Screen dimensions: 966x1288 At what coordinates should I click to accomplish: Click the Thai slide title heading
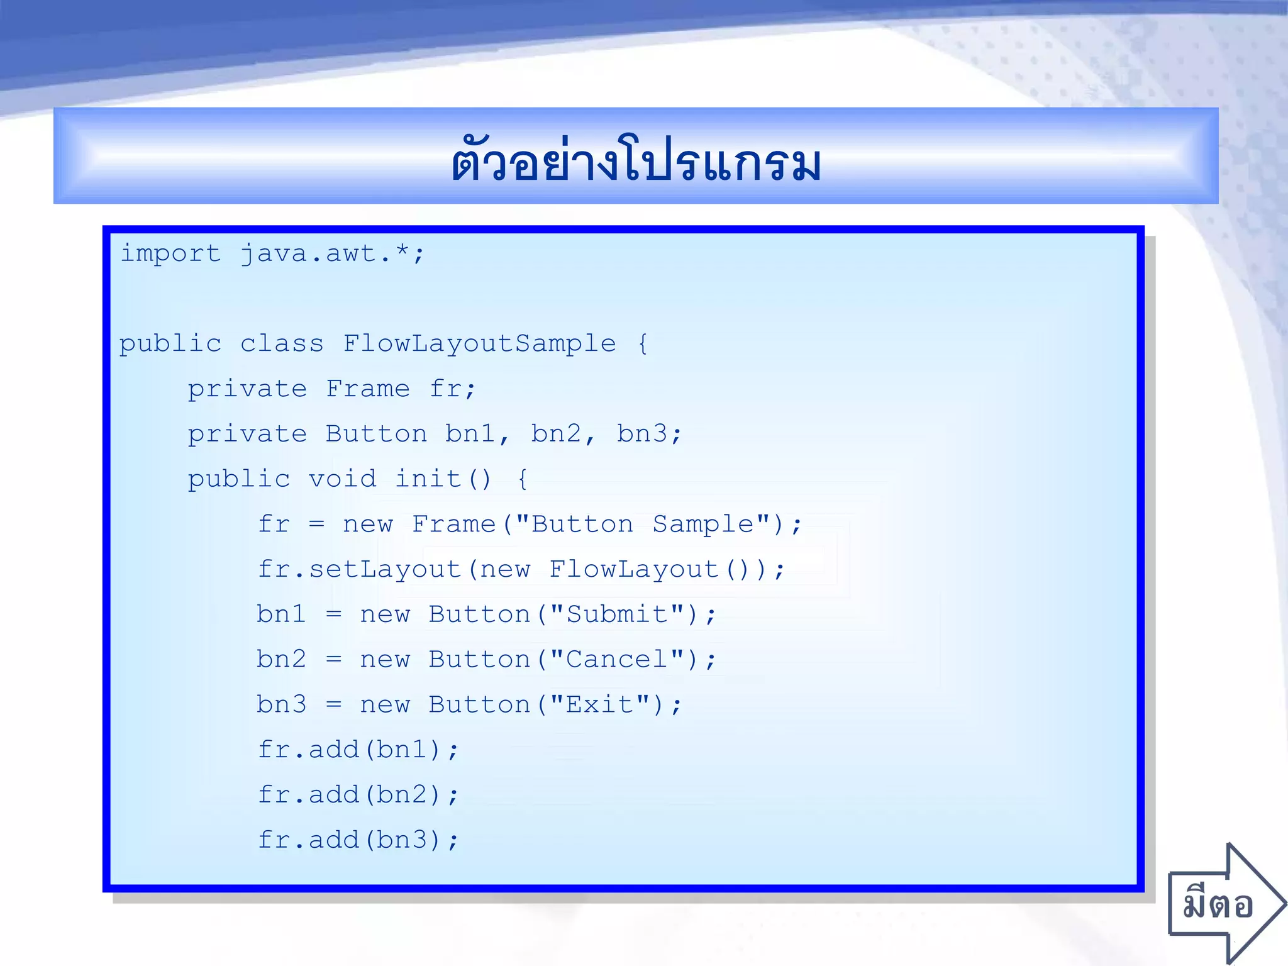636,160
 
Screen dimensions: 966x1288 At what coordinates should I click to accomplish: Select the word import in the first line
170,253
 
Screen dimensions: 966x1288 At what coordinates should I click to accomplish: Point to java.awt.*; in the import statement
333,253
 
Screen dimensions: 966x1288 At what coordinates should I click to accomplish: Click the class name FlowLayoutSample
479,343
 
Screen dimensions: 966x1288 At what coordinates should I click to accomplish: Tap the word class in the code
282,343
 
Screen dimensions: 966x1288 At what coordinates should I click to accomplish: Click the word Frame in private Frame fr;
368,389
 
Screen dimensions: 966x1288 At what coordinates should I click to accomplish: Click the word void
342,479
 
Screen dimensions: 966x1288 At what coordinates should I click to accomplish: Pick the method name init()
443,479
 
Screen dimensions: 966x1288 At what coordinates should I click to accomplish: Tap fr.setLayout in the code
360,569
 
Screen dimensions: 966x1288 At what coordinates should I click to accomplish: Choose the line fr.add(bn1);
358,750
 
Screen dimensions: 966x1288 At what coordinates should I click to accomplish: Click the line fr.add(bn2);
358,795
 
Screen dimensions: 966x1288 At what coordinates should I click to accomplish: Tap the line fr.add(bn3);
358,840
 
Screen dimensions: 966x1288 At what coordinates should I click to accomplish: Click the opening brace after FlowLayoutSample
643,344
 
